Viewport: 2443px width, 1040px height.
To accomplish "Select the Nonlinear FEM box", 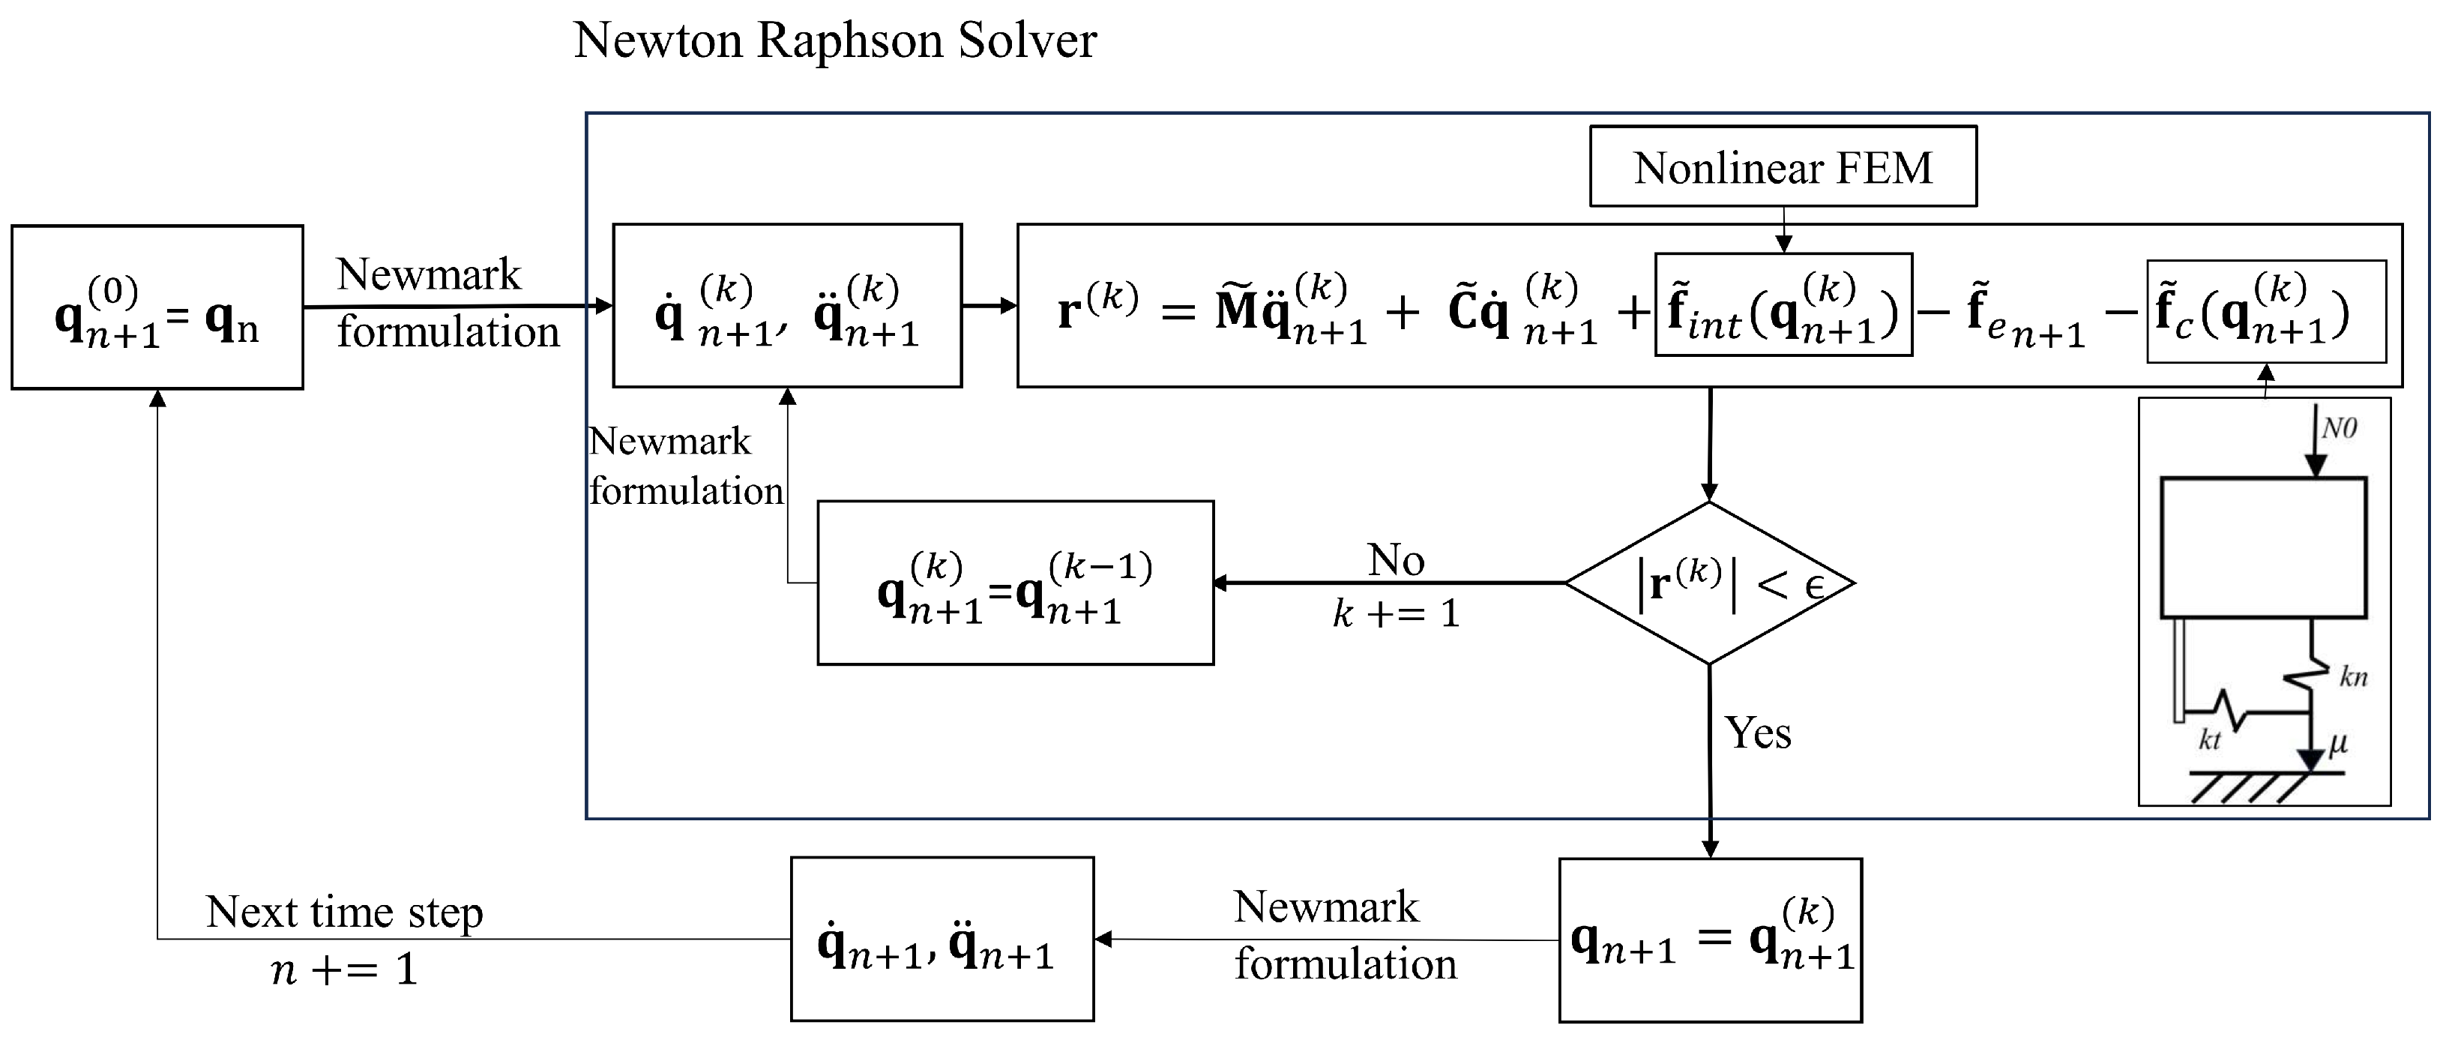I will click(1782, 167).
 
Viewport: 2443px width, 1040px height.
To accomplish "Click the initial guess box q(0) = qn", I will click(157, 307).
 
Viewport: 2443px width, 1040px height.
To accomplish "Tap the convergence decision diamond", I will click(1709, 583).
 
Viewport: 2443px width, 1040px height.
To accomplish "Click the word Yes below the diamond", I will click(1757, 733).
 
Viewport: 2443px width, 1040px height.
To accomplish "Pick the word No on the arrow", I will click(1395, 560).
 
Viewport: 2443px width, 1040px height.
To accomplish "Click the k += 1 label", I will click(1395, 614).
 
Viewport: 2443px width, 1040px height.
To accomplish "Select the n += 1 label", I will click(343, 970).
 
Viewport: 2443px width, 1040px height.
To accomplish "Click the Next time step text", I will click(343, 912).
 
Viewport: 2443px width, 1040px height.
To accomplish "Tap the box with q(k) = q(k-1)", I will click(1015, 583).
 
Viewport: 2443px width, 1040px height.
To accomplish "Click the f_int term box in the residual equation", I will click(1783, 304).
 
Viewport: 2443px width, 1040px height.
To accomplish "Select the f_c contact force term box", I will click(2265, 311).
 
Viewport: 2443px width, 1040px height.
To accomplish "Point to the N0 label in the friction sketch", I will click(2339, 429).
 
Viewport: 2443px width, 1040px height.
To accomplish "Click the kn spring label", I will click(2353, 676).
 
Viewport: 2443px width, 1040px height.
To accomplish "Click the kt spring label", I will click(2210, 740).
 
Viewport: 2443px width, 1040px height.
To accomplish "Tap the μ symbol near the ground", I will click(2338, 742).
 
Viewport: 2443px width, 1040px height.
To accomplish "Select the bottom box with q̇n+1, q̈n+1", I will click(942, 940).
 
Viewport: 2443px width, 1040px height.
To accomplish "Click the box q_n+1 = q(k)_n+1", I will click(1710, 940).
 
